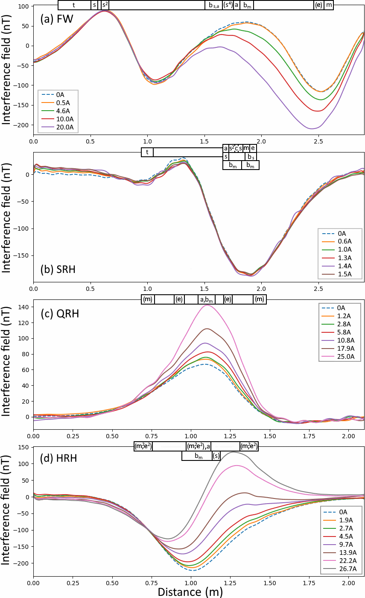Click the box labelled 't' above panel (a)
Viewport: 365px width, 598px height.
[x=74, y=5]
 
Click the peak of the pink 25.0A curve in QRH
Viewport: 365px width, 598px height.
[x=207, y=305]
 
